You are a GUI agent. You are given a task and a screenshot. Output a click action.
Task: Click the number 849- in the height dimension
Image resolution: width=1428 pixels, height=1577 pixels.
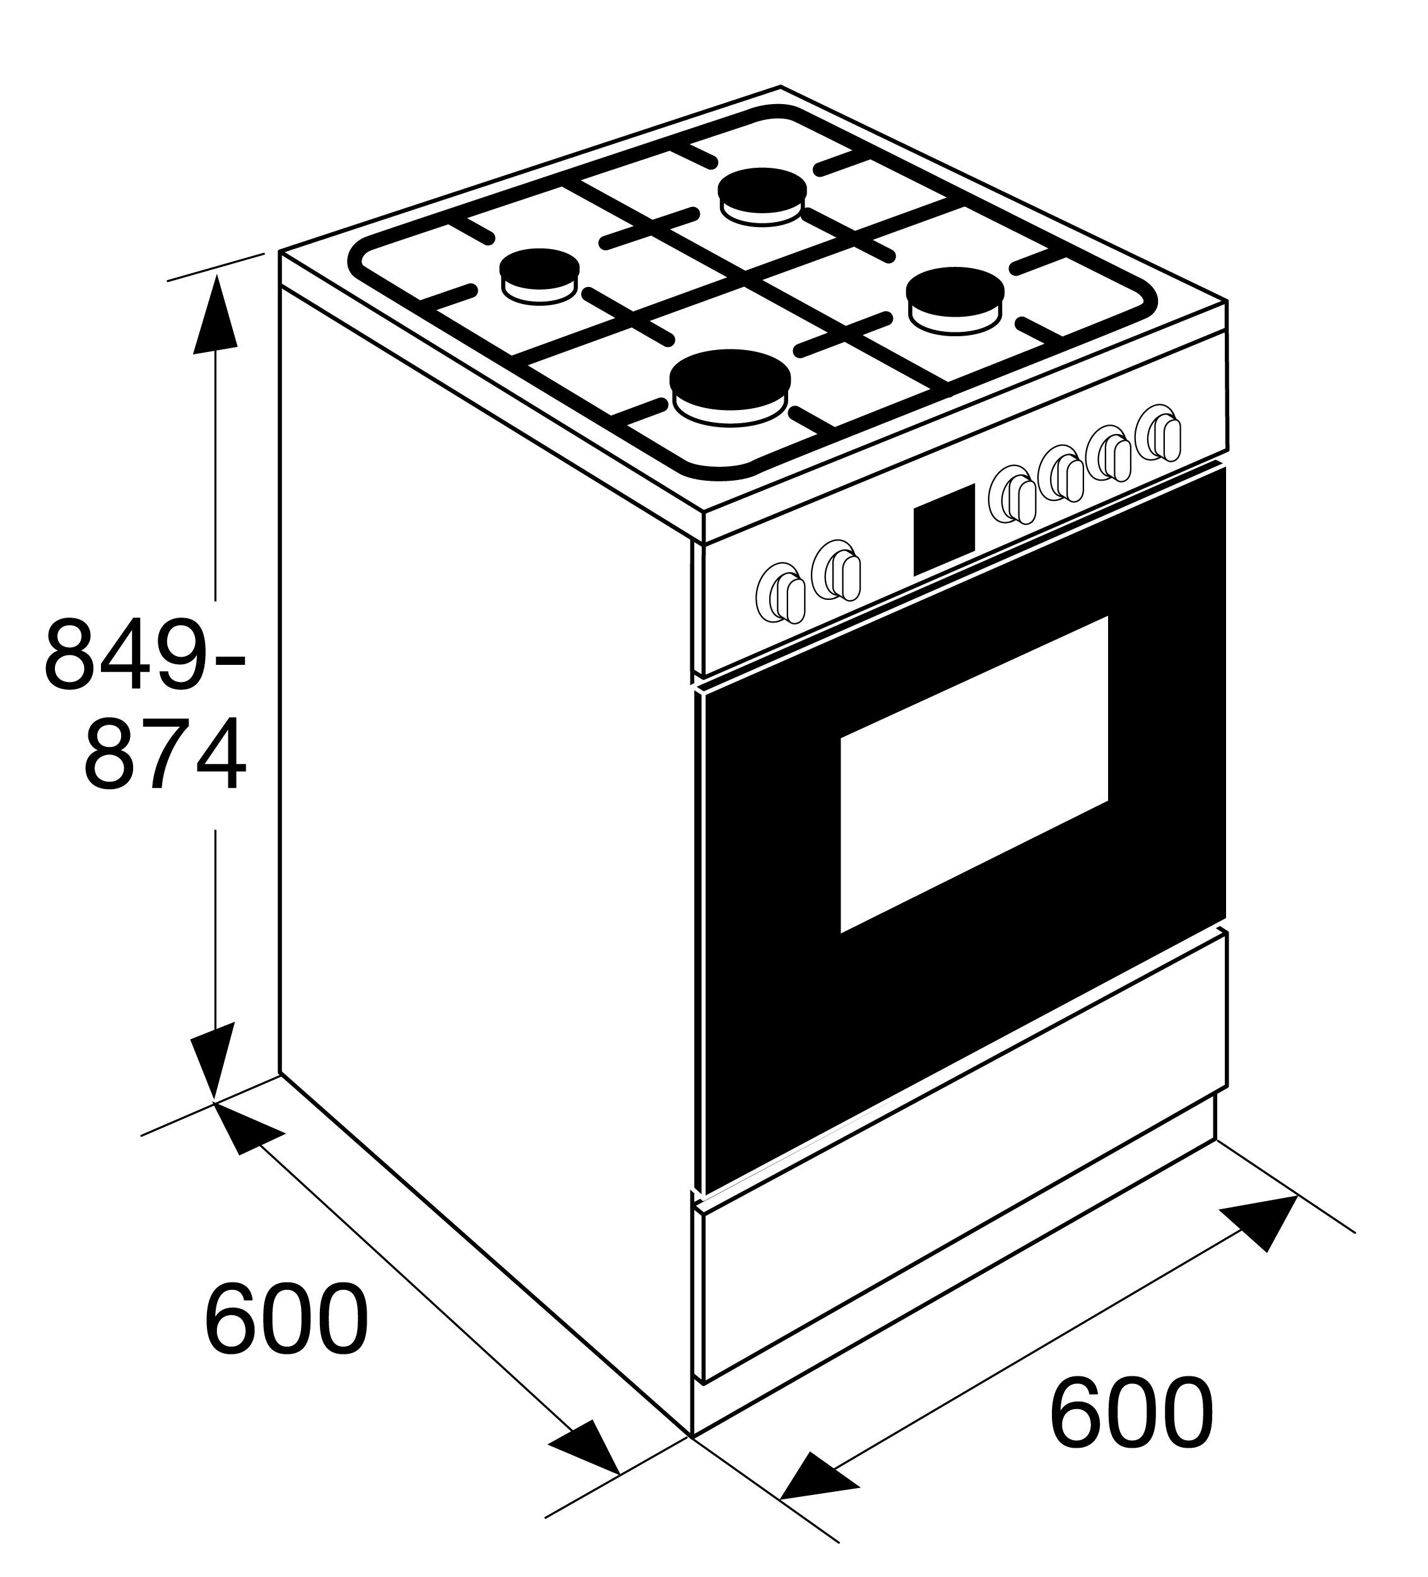145,653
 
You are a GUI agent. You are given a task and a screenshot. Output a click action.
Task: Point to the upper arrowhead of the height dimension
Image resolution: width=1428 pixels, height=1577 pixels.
215,317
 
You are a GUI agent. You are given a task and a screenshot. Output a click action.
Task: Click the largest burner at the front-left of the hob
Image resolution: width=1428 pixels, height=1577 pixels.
730,384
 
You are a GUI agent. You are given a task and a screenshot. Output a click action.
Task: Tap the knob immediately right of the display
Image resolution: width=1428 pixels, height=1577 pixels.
1013,493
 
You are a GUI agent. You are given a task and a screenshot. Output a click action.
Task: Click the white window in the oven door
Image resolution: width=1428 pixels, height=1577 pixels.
974,775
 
